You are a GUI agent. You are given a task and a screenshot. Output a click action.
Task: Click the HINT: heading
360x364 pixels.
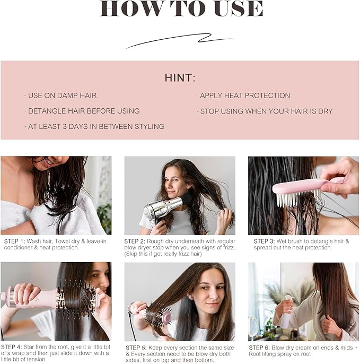pos(180,77)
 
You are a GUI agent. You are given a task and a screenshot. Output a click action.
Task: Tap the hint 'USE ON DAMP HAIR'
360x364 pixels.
pos(62,96)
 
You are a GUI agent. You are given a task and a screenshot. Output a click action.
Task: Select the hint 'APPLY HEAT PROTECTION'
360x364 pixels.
pos(244,96)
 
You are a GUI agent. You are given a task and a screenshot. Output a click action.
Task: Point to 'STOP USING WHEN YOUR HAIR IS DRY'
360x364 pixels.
pos(266,111)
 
